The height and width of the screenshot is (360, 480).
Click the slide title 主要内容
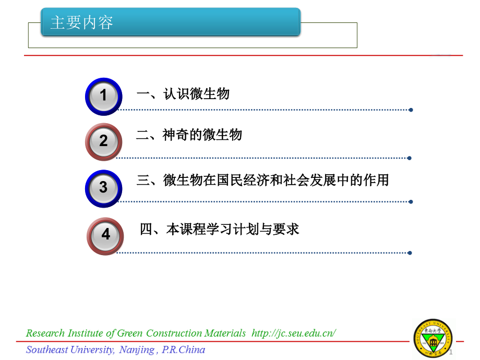point(81,23)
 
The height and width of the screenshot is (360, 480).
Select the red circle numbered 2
point(103,141)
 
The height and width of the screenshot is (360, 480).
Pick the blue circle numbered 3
point(103,188)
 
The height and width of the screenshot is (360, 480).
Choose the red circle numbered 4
point(105,236)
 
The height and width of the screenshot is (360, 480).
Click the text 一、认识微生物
point(183,94)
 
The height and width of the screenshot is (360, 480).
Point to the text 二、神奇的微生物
point(189,135)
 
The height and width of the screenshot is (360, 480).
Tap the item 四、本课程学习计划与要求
point(219,229)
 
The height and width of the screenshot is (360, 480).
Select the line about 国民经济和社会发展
point(262,181)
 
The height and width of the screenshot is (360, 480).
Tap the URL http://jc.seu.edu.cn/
point(294,333)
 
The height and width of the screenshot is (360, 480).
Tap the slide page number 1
point(451,352)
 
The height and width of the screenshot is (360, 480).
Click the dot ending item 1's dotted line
point(411,110)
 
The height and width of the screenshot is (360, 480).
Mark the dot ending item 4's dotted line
point(410,253)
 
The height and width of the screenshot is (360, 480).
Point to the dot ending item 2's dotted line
point(410,158)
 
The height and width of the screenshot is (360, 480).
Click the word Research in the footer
point(45,333)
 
